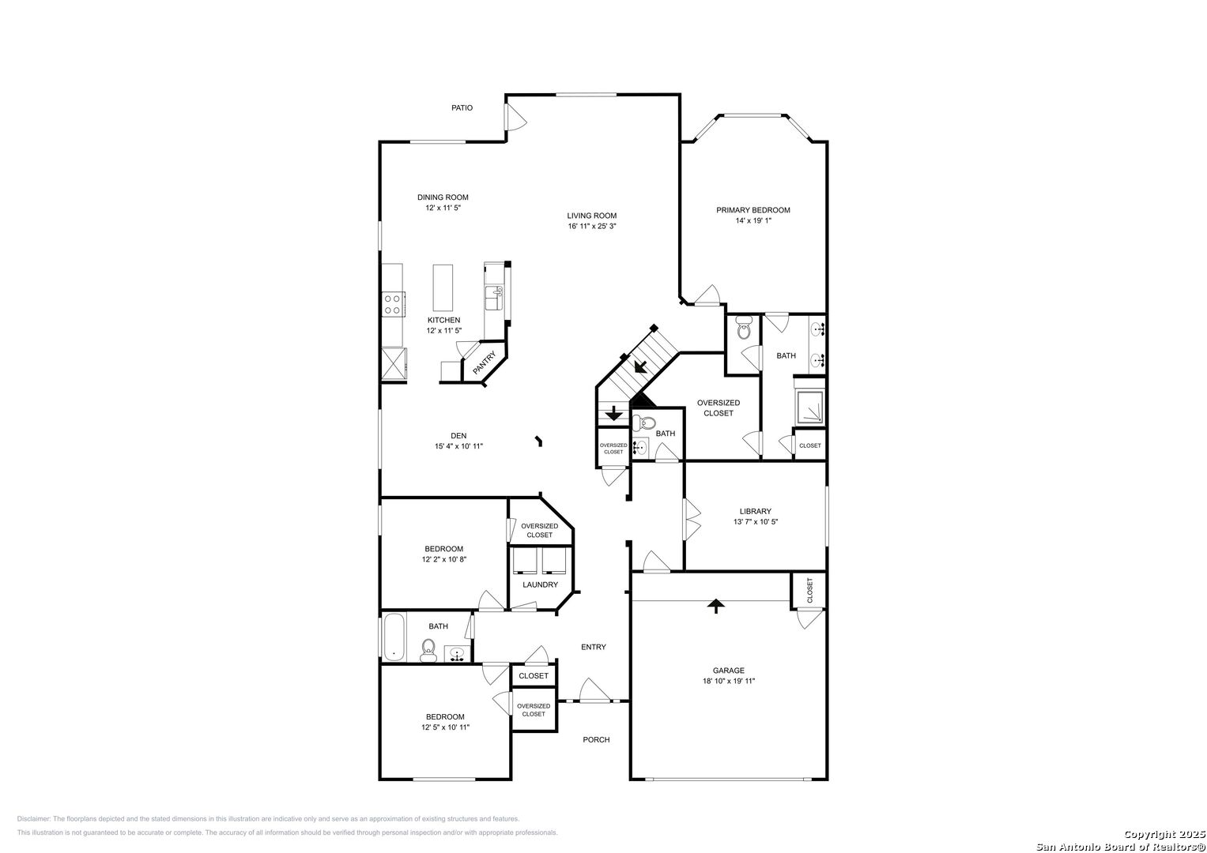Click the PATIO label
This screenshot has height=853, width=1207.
click(x=462, y=107)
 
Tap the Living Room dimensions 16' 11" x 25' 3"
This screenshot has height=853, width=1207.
click(x=592, y=226)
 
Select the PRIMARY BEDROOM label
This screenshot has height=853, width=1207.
click(x=752, y=210)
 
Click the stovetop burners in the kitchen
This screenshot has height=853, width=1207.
click(x=393, y=304)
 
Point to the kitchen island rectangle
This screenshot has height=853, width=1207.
click(x=443, y=287)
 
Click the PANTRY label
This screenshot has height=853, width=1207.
click(x=484, y=363)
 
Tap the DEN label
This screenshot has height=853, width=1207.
click(x=458, y=436)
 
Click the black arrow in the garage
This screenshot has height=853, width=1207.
click(x=715, y=607)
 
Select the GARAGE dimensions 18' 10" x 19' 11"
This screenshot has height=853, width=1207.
click(x=729, y=681)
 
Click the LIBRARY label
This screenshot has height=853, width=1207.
click(x=756, y=511)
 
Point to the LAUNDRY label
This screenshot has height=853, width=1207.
click(x=540, y=584)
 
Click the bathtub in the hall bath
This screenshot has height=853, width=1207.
click(x=394, y=637)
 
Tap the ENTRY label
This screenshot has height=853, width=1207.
click(x=594, y=647)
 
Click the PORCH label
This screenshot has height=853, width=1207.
click(x=596, y=739)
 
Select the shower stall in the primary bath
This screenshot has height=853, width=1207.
click(x=810, y=407)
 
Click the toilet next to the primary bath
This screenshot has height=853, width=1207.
click(x=744, y=328)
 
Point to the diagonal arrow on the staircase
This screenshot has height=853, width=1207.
click(x=641, y=366)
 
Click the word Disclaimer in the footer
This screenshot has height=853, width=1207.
click(x=33, y=819)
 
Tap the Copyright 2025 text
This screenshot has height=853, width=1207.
click(x=1164, y=834)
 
